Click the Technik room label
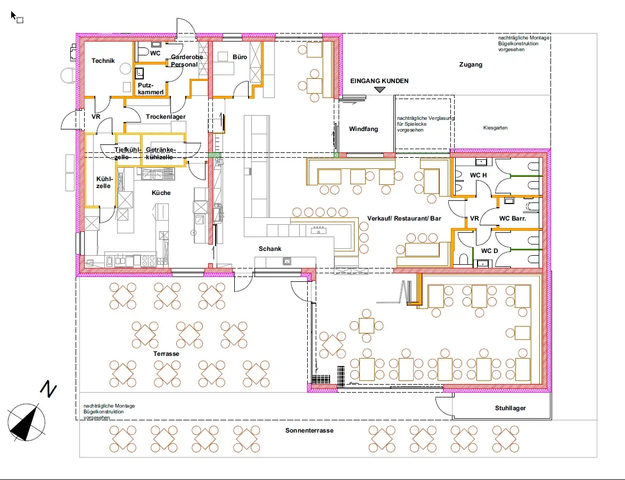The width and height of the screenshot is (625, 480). [103, 61]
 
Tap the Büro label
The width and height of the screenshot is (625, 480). [240, 57]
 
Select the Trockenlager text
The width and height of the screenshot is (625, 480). [166, 117]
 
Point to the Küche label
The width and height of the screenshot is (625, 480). [161, 193]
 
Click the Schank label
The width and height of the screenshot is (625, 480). [270, 249]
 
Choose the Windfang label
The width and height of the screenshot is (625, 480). [363, 129]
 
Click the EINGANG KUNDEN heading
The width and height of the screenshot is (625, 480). [379, 81]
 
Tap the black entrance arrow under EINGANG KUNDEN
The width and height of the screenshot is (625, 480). [380, 90]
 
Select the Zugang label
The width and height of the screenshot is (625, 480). [470, 64]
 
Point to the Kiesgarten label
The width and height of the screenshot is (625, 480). [495, 128]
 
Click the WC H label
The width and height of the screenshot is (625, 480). [478, 175]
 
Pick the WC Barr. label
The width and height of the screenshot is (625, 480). [512, 218]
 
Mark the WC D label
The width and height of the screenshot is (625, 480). [489, 250]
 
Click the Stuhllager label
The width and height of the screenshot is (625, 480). [510, 408]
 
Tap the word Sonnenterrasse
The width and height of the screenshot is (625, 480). [309, 430]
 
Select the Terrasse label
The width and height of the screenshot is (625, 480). [166, 354]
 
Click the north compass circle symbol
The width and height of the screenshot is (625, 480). [26, 422]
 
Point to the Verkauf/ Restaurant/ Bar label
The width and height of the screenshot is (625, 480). [404, 218]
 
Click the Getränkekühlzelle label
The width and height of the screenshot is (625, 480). [160, 153]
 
